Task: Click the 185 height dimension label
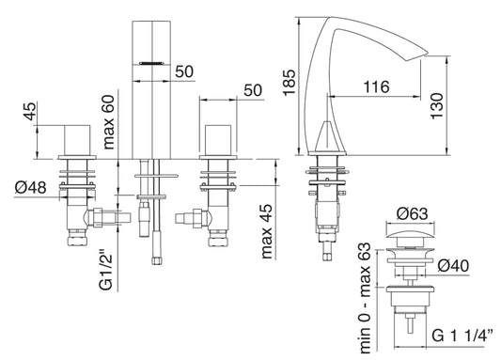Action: (x=289, y=82)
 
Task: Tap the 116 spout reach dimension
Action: (x=376, y=86)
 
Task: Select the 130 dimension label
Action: (x=437, y=106)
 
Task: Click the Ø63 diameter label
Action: (x=412, y=213)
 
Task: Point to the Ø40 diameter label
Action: (x=453, y=266)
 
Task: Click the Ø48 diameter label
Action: (x=31, y=187)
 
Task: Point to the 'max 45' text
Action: (x=267, y=231)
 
